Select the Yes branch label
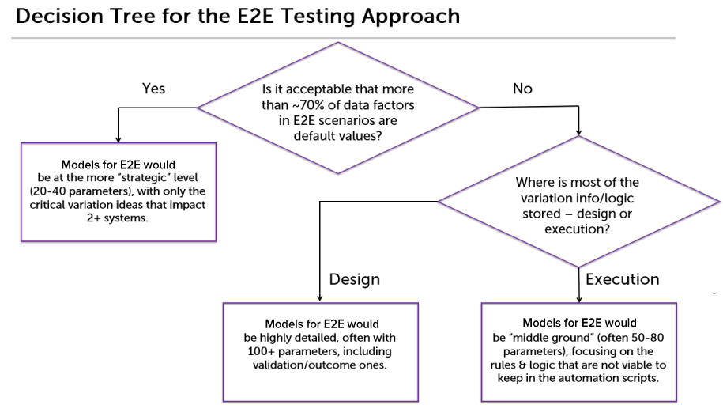point(153,88)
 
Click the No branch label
point(522,88)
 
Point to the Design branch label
point(355,279)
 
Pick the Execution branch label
point(623,279)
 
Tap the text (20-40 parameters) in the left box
point(81,191)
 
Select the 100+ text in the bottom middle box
point(262,351)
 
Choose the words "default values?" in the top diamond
point(338,136)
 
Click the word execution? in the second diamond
point(578,229)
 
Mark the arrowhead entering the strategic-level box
point(119,139)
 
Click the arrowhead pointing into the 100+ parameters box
point(320,299)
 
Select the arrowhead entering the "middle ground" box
point(579,300)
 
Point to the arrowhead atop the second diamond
point(578,132)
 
